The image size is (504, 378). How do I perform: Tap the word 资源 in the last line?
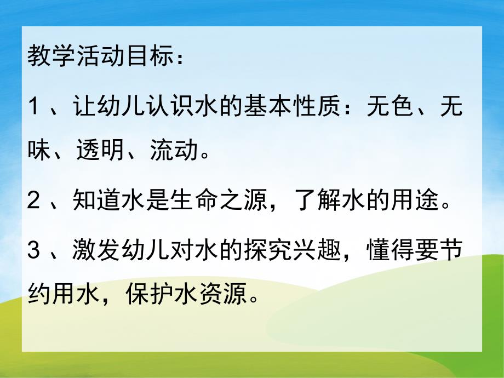(x=233, y=297)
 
